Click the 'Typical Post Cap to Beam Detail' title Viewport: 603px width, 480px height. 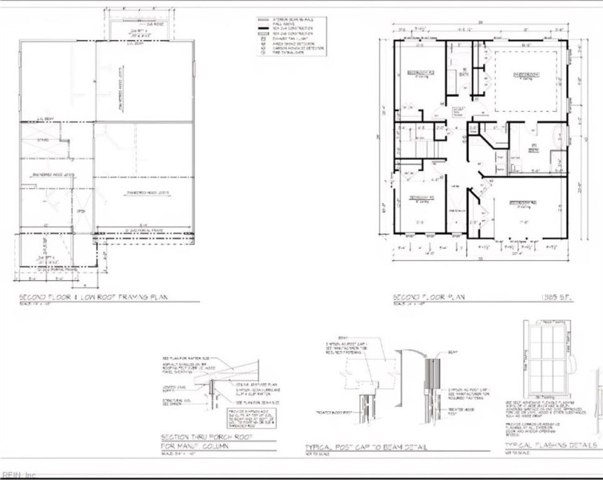[366, 448]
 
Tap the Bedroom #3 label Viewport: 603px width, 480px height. [421, 197]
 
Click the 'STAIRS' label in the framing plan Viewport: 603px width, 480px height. [42, 140]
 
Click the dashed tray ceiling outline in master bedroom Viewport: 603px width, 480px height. [524, 80]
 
